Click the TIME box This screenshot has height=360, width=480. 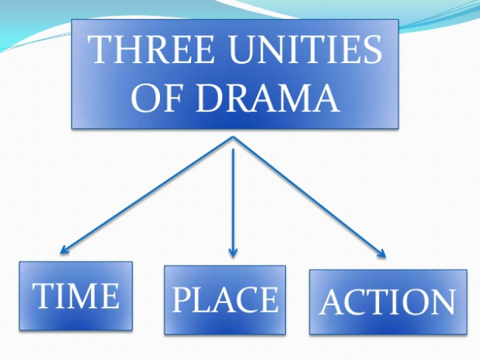point(76,296)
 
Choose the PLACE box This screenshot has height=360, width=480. point(224,299)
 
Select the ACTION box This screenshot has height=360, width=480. point(387,301)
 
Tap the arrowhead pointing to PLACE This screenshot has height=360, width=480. point(233,253)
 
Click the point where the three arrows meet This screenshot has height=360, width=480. point(233,138)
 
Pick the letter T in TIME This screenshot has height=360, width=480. point(41,296)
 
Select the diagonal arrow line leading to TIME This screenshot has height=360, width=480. point(148,195)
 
